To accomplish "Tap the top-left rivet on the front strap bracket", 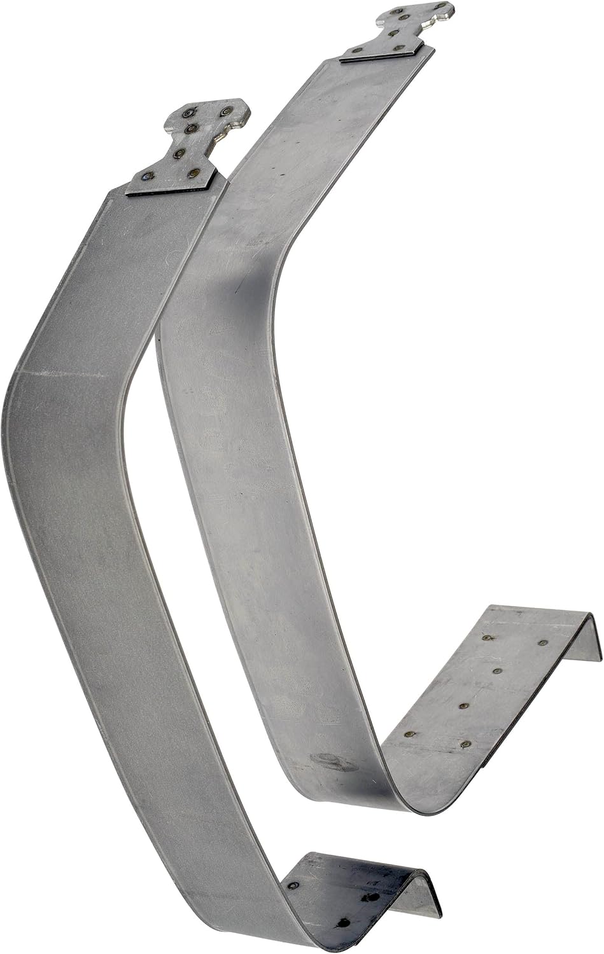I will (x=188, y=114).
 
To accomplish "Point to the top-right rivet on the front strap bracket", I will (x=224, y=113).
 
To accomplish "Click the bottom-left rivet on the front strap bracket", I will (x=150, y=177).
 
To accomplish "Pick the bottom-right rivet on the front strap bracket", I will (x=192, y=173).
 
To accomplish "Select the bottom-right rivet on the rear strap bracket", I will (x=399, y=48).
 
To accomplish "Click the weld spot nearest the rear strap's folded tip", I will (x=542, y=643).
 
